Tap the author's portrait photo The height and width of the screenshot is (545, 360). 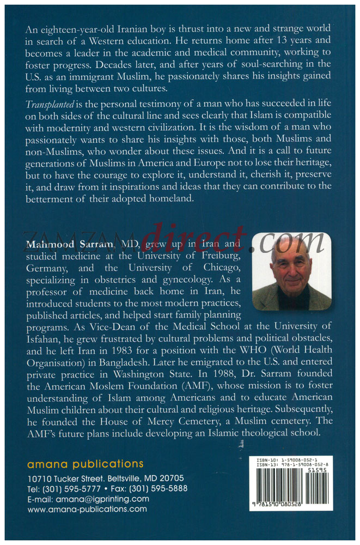[291, 271]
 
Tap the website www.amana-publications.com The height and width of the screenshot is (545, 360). [87, 509]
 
